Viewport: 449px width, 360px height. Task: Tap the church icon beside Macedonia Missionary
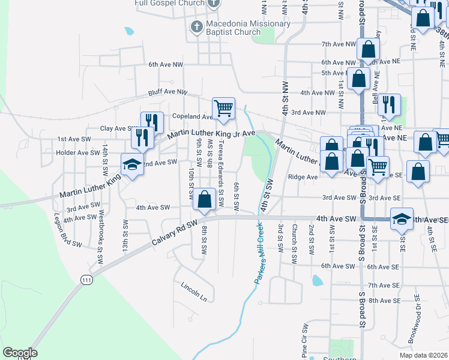point(196,26)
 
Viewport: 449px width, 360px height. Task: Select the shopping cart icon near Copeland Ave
point(223,109)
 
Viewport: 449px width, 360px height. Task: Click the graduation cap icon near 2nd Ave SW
point(132,164)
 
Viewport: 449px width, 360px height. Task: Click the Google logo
point(20,353)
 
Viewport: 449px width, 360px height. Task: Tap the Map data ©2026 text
point(424,355)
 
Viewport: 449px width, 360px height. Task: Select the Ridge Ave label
point(303,177)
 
